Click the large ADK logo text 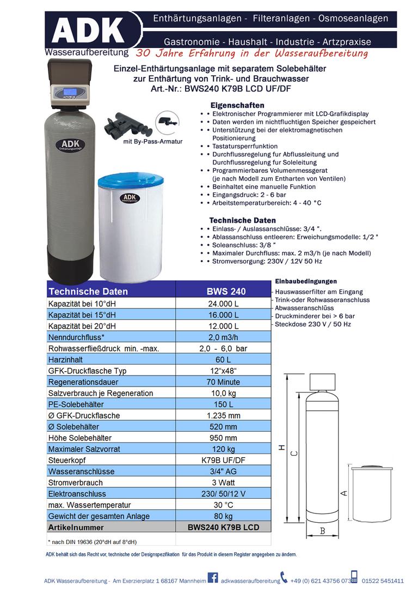click(88, 30)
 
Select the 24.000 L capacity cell click(223, 304)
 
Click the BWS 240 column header click(223, 291)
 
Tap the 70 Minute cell click(223, 382)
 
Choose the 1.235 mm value click(223, 416)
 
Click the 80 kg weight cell click(223, 516)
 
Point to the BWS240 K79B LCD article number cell click(223, 528)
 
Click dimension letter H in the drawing click(281, 448)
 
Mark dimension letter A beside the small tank click(343, 493)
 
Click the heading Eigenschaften click(237, 105)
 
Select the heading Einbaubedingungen click(306, 281)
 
